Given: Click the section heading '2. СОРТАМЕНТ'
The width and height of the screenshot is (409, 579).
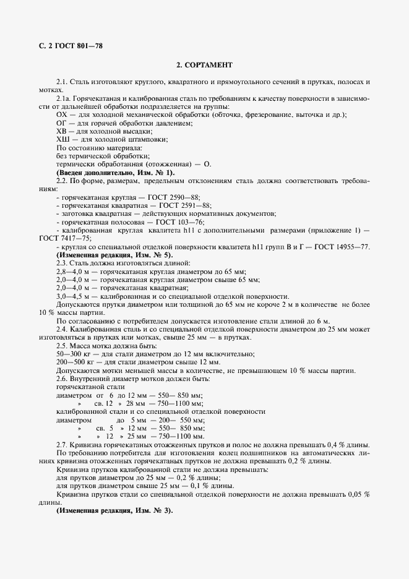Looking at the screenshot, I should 205,64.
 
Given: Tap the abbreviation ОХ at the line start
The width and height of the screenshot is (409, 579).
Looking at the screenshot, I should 61,115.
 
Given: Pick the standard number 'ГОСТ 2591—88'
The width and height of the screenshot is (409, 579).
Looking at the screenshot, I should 185,205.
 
